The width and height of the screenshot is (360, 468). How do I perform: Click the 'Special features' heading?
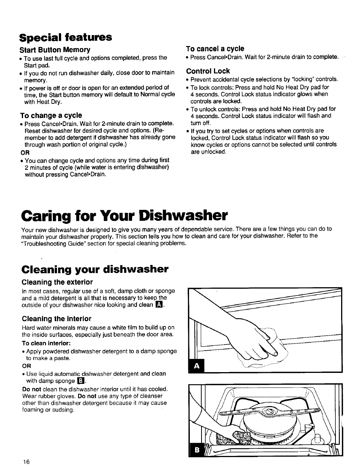(x=67, y=37)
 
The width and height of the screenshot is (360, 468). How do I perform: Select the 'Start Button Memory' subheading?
(x=56, y=50)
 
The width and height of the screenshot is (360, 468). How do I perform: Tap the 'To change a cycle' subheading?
(x=52, y=115)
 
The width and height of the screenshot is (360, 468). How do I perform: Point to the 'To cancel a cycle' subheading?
(x=215, y=48)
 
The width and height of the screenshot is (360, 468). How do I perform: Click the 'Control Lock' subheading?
(x=208, y=71)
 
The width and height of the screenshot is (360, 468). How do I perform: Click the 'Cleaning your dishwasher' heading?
(x=95, y=269)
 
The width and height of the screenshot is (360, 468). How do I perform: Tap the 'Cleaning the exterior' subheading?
(x=57, y=282)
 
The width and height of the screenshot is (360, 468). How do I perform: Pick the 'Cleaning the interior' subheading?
(x=57, y=319)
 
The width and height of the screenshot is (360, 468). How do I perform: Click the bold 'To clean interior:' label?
(x=46, y=343)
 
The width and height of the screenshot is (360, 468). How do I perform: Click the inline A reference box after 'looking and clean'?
(x=159, y=305)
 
